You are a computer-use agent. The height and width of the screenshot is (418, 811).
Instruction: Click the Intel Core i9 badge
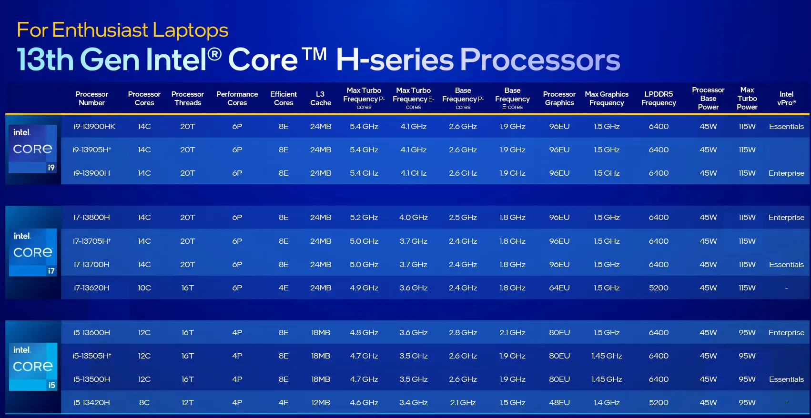pyautogui.click(x=32, y=149)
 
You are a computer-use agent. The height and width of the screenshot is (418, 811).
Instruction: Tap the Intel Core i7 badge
pyautogui.click(x=32, y=252)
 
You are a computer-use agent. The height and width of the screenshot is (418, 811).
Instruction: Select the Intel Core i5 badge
pyautogui.click(x=33, y=367)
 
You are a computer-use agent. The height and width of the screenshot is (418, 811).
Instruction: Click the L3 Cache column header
pyautogui.click(x=320, y=99)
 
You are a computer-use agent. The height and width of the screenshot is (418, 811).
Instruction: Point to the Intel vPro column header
pyautogui.click(x=786, y=99)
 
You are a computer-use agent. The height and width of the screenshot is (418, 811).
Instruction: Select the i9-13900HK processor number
pyautogui.click(x=94, y=127)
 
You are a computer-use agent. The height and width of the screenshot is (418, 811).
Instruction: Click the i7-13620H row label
pyautogui.click(x=91, y=288)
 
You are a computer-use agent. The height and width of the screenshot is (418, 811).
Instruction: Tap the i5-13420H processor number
pyautogui.click(x=91, y=402)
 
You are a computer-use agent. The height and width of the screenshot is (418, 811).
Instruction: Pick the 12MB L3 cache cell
pyautogui.click(x=320, y=402)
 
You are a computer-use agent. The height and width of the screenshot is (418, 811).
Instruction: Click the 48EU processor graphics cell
pyautogui.click(x=559, y=402)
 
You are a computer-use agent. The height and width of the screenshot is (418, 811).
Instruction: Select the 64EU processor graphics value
pyautogui.click(x=559, y=288)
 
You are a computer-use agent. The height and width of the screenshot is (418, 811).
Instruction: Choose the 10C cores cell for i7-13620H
pyautogui.click(x=144, y=288)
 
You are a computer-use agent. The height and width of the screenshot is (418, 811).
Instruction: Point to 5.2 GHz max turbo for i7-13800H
pyautogui.click(x=364, y=217)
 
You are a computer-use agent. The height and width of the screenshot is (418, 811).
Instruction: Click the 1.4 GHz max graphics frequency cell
pyautogui.click(x=607, y=402)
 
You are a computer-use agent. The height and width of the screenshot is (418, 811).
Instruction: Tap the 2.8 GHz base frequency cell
pyautogui.click(x=463, y=333)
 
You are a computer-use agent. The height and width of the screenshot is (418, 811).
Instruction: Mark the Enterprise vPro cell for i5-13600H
pyautogui.click(x=786, y=333)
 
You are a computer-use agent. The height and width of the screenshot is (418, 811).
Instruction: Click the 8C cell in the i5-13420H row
pyautogui.click(x=144, y=402)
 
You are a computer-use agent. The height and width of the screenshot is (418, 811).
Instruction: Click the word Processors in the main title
pyautogui.click(x=540, y=60)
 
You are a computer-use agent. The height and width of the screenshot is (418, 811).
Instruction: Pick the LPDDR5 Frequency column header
pyautogui.click(x=659, y=99)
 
